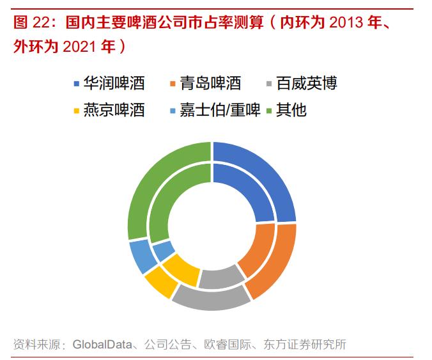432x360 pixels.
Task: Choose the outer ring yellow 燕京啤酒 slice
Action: [160, 282]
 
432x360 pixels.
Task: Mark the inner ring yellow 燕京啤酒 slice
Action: [181, 269]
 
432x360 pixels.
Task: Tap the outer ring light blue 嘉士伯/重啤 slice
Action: [141, 255]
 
